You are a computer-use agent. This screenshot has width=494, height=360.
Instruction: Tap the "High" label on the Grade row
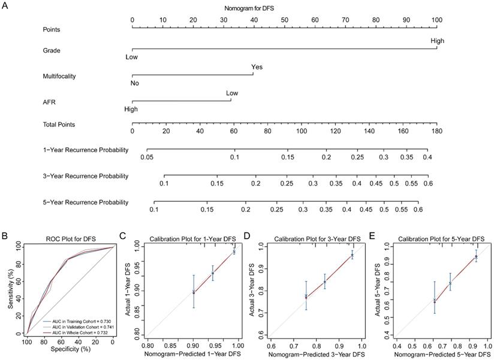pyautogui.click(x=436, y=40)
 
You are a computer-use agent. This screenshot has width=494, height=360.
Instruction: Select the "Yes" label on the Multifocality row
pyautogui.click(x=257, y=67)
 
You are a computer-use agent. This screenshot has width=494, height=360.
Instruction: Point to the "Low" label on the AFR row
pyautogui.click(x=231, y=93)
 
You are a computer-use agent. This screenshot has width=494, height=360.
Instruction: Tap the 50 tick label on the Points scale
pyautogui.click(x=284, y=20)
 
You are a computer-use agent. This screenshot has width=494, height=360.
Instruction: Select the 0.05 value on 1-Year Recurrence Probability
pyautogui.click(x=147, y=156)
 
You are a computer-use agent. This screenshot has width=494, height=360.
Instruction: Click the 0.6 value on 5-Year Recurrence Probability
pyautogui.click(x=418, y=210)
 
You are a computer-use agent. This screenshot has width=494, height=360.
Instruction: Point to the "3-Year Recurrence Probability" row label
pyautogui.click(x=86, y=176)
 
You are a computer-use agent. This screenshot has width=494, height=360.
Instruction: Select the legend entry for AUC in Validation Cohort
pyautogui.click(x=77, y=326)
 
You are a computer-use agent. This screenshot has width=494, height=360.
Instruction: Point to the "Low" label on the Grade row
pyautogui.click(x=131, y=58)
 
